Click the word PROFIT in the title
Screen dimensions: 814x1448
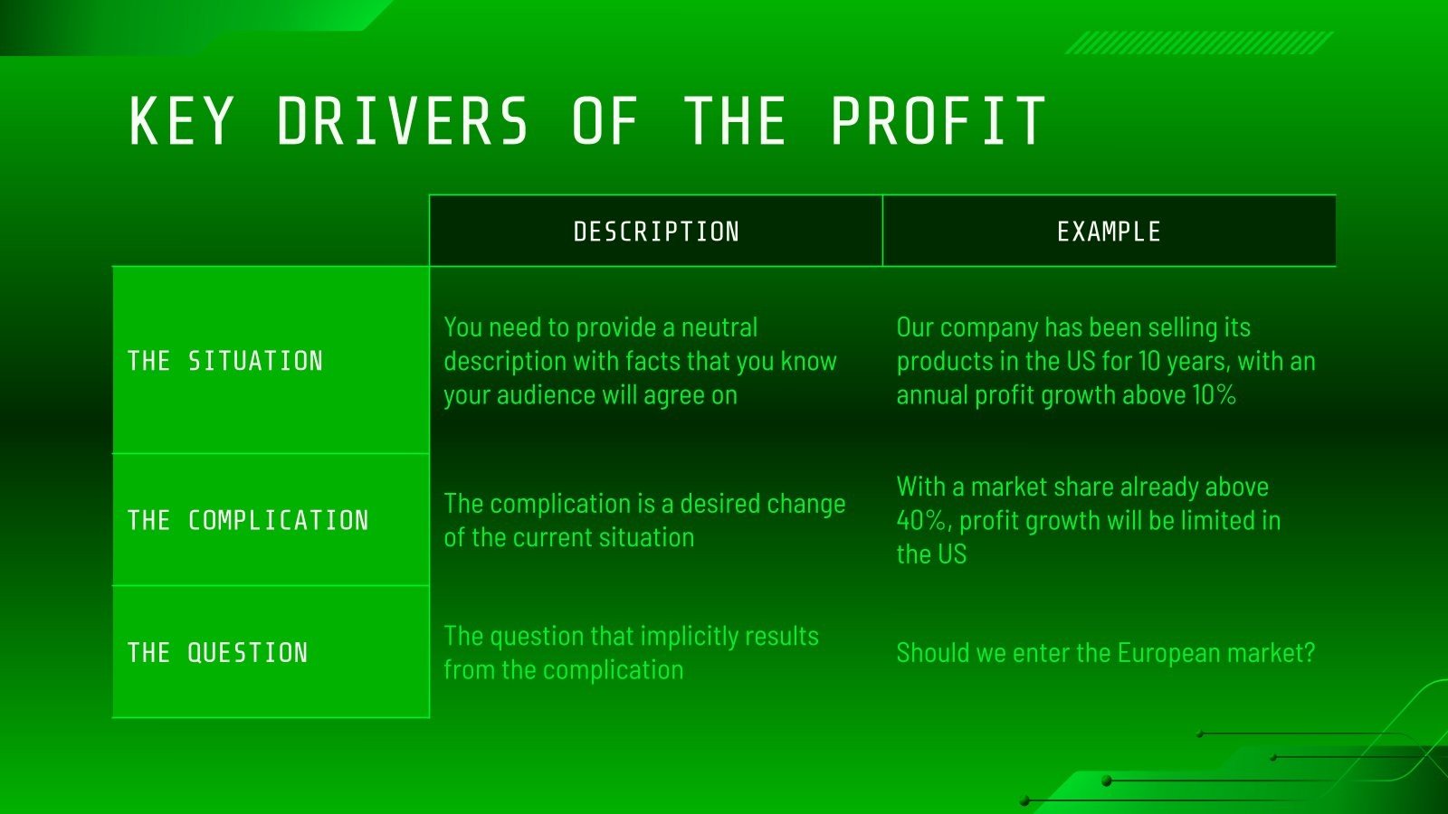click(938, 121)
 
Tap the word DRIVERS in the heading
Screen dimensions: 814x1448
click(402, 121)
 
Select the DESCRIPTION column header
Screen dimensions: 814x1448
click(656, 232)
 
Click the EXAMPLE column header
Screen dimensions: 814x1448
click(1109, 232)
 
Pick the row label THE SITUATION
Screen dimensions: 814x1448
click(225, 361)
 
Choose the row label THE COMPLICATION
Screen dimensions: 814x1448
click(248, 520)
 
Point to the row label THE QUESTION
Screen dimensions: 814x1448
click(217, 652)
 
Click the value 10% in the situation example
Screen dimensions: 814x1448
click(1214, 395)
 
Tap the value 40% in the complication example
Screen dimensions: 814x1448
click(922, 521)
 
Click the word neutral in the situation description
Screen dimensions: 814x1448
click(719, 327)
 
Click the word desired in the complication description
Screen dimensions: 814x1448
click(721, 504)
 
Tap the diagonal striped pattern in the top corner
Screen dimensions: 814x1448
click(1198, 43)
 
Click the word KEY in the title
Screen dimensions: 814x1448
click(181, 121)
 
